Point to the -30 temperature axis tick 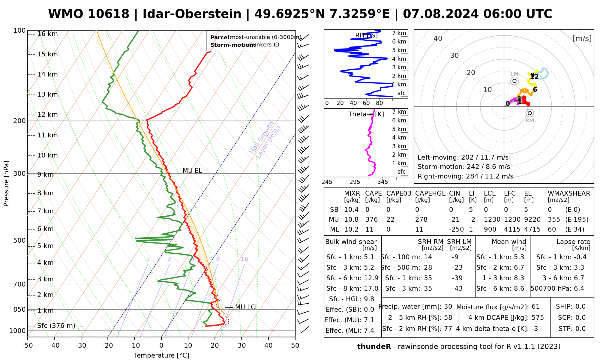click(x=81, y=346)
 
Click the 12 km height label click(x=47, y=115)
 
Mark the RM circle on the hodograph click(x=530, y=113)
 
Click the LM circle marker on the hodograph click(x=514, y=81)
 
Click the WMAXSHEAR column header click(x=569, y=193)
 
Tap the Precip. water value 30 click(x=448, y=307)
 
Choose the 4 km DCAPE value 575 click(x=538, y=318)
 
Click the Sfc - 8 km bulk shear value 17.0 click(x=371, y=289)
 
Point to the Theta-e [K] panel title click(x=366, y=114)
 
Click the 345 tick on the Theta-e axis click(x=382, y=182)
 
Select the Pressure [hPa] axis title click(x=6, y=184)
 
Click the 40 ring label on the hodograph click(x=438, y=38)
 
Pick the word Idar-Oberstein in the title click(x=192, y=14)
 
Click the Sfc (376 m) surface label click(x=56, y=326)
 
